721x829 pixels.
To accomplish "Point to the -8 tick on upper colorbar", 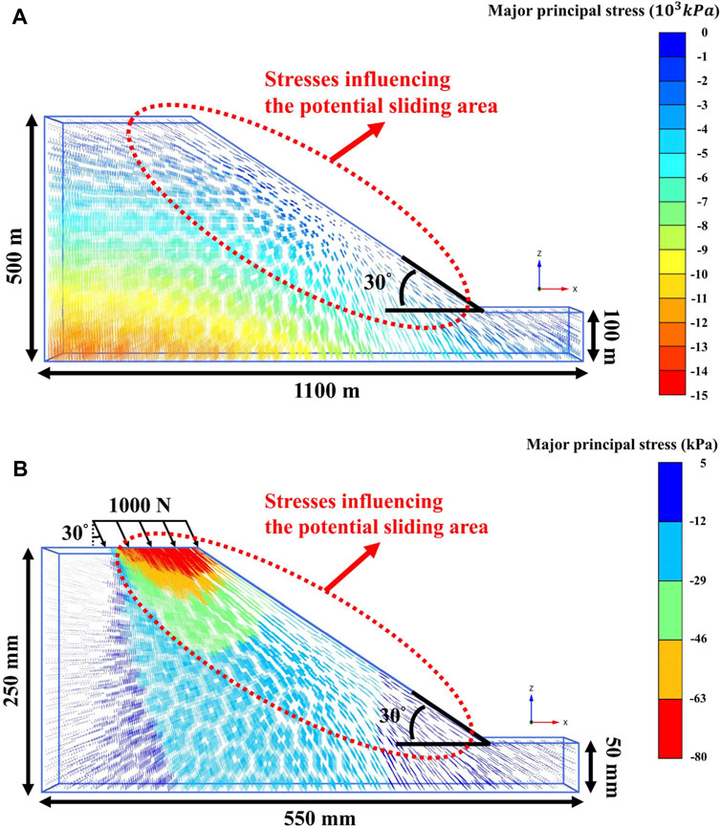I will click(x=702, y=226).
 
